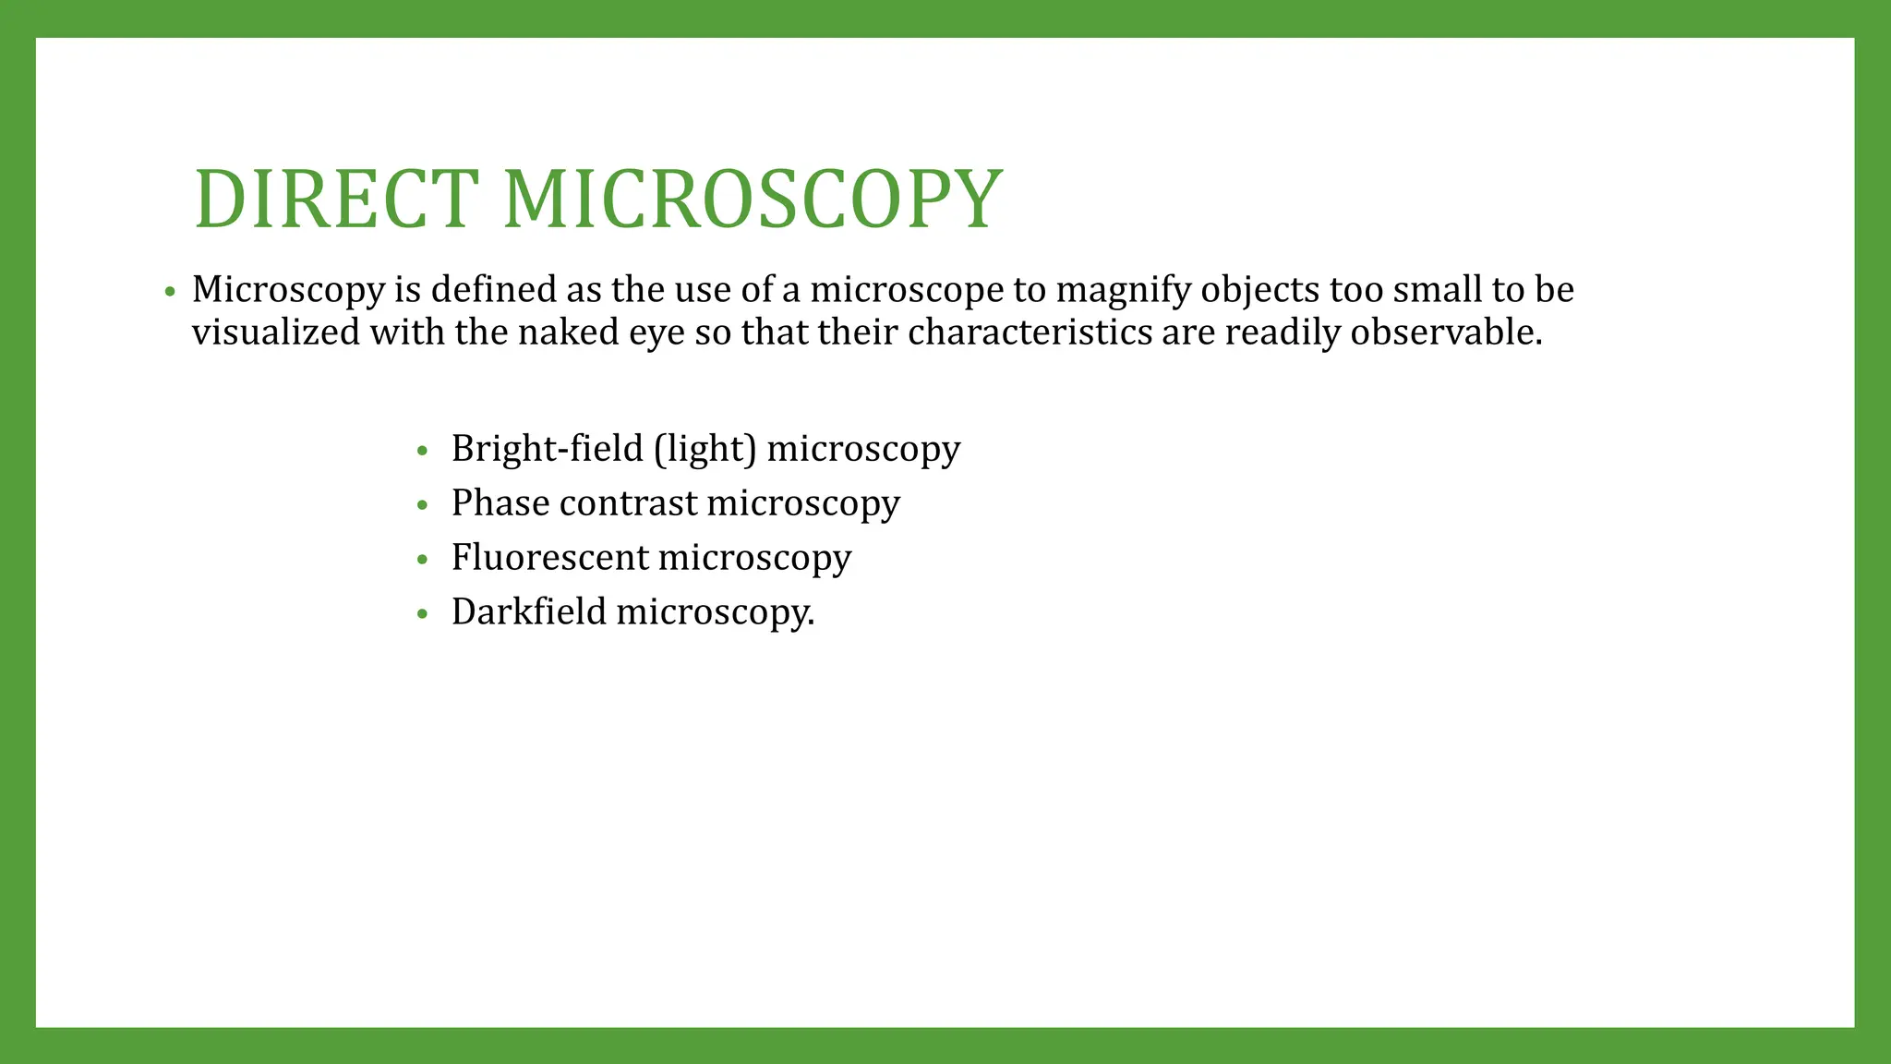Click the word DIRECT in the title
(336, 199)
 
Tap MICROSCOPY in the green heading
(753, 199)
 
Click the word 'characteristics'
(1030, 332)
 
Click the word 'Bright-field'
(547, 449)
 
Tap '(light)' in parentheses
(705, 450)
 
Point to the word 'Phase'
(500, 503)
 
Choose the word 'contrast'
(628, 504)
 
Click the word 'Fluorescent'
(549, 558)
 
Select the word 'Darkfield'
(528, 612)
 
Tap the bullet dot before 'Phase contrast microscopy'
(423, 506)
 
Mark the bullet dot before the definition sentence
(169, 293)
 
